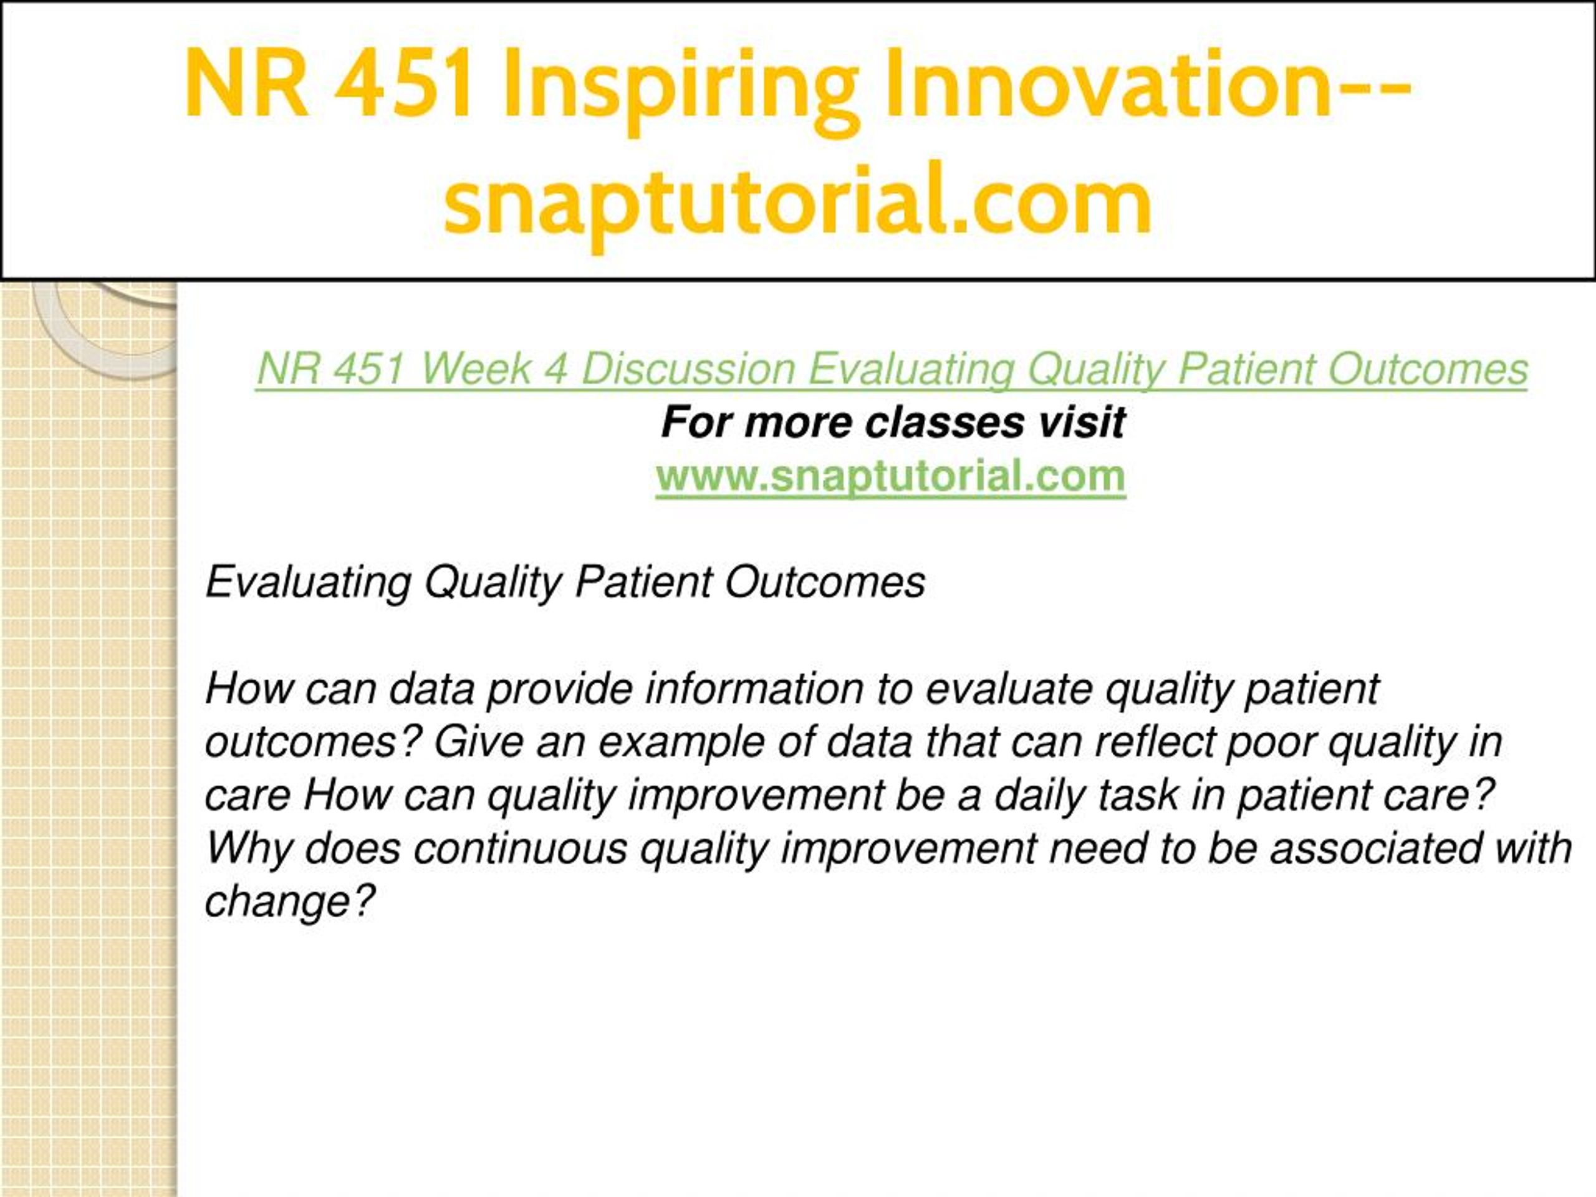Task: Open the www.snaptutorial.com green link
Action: (891, 477)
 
